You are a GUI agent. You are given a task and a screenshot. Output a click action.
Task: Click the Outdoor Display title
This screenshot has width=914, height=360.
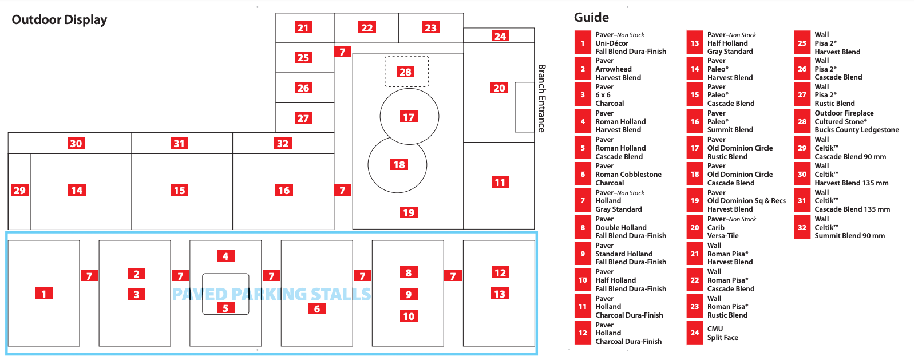[59, 19]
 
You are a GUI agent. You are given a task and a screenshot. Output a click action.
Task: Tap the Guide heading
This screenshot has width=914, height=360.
[591, 17]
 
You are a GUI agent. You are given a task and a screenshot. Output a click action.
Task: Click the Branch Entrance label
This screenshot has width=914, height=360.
[541, 98]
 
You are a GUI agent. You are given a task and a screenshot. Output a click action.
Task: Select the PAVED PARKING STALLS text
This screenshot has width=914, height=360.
[271, 294]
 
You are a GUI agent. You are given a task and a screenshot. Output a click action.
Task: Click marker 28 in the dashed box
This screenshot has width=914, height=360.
[405, 72]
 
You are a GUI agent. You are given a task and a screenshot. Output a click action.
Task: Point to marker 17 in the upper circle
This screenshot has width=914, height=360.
[409, 117]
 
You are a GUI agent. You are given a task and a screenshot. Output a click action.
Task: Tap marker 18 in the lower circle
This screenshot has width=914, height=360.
[399, 164]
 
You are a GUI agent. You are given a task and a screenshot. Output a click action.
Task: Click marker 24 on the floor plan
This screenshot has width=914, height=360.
[500, 36]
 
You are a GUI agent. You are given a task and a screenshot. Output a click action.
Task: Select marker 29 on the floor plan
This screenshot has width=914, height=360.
[19, 190]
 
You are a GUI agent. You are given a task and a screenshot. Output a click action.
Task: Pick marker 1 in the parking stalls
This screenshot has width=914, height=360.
[44, 294]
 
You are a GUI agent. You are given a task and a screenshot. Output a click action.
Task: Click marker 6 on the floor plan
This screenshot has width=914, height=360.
[317, 309]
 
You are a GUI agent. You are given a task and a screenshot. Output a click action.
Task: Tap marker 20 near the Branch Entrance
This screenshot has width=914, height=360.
[500, 88]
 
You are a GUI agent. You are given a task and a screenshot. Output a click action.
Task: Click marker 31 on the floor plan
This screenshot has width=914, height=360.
[179, 143]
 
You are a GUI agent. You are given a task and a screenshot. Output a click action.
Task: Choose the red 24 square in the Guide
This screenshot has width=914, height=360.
[694, 333]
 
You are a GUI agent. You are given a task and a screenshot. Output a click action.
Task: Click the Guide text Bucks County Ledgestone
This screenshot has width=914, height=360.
[857, 130]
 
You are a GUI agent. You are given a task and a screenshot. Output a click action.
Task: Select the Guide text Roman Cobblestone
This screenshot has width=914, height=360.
[628, 175]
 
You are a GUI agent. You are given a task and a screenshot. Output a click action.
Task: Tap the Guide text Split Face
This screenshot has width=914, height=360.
[723, 338]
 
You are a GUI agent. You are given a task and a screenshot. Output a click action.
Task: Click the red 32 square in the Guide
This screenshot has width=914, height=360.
[802, 227]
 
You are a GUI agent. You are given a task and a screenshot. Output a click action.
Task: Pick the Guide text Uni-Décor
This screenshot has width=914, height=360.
[612, 43]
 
